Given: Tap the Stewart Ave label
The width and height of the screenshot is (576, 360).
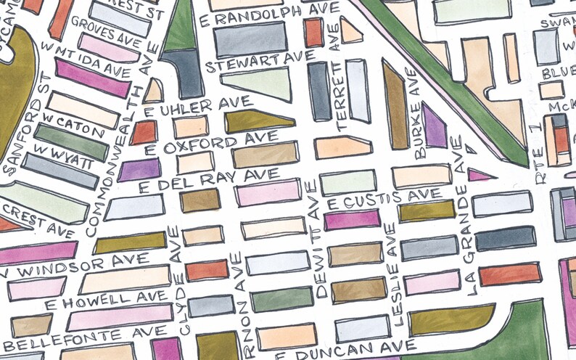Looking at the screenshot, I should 260,61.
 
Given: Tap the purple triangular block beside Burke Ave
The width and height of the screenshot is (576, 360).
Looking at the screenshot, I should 433,126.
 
